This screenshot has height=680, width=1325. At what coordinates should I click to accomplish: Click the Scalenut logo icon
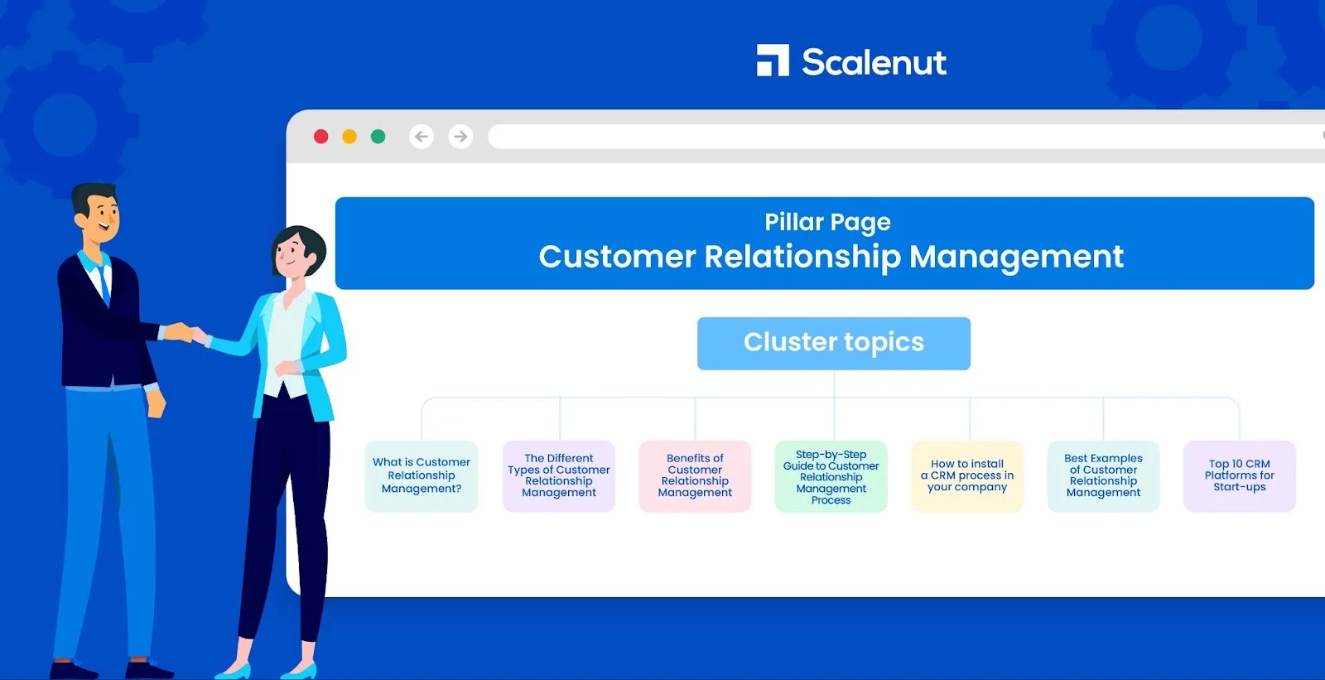point(773,60)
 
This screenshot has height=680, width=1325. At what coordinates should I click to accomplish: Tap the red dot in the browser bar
point(321,137)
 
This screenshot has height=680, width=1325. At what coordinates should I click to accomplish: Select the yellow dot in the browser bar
point(349,137)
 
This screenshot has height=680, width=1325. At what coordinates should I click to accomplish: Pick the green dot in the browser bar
point(378,137)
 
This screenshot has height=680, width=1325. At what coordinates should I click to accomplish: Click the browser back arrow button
point(422,137)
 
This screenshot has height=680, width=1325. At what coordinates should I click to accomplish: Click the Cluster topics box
point(833,343)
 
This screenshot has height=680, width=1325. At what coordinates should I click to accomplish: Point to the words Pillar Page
point(827,222)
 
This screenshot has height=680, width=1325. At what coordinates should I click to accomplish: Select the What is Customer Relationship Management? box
point(422,476)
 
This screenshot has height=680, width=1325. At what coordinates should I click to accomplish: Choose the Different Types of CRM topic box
point(559,476)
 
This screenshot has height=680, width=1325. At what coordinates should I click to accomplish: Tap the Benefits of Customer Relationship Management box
point(695,476)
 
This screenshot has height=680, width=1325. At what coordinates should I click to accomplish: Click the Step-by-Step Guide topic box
point(831,476)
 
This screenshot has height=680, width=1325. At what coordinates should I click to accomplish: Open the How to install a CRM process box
point(967,476)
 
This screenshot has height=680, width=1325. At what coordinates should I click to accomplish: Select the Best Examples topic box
point(1103,476)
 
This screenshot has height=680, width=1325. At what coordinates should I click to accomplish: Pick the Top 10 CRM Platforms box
point(1239,476)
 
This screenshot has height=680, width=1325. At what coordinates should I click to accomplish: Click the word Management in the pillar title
point(1016,258)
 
